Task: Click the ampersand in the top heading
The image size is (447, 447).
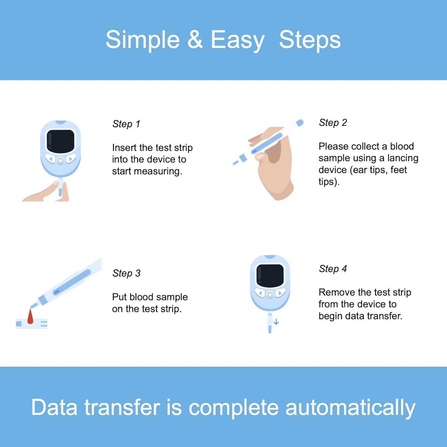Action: click(195, 40)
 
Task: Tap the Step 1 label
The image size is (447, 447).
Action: click(127, 124)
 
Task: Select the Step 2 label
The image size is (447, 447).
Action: click(333, 123)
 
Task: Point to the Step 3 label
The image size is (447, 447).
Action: click(127, 273)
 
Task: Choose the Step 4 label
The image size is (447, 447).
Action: click(333, 269)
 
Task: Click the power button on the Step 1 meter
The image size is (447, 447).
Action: click(61, 160)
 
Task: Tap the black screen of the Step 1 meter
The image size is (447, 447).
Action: click(61, 141)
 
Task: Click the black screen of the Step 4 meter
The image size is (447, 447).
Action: click(270, 276)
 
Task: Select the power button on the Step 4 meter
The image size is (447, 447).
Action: click(270, 294)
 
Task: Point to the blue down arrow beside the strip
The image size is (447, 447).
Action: click(276, 322)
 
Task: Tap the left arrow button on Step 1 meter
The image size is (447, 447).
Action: click(50, 159)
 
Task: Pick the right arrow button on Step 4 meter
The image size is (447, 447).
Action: click(281, 293)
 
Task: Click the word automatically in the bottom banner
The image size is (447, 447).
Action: click(350, 408)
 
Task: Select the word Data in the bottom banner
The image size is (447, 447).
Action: click(54, 407)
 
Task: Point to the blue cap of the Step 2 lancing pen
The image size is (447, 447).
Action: click(300, 123)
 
